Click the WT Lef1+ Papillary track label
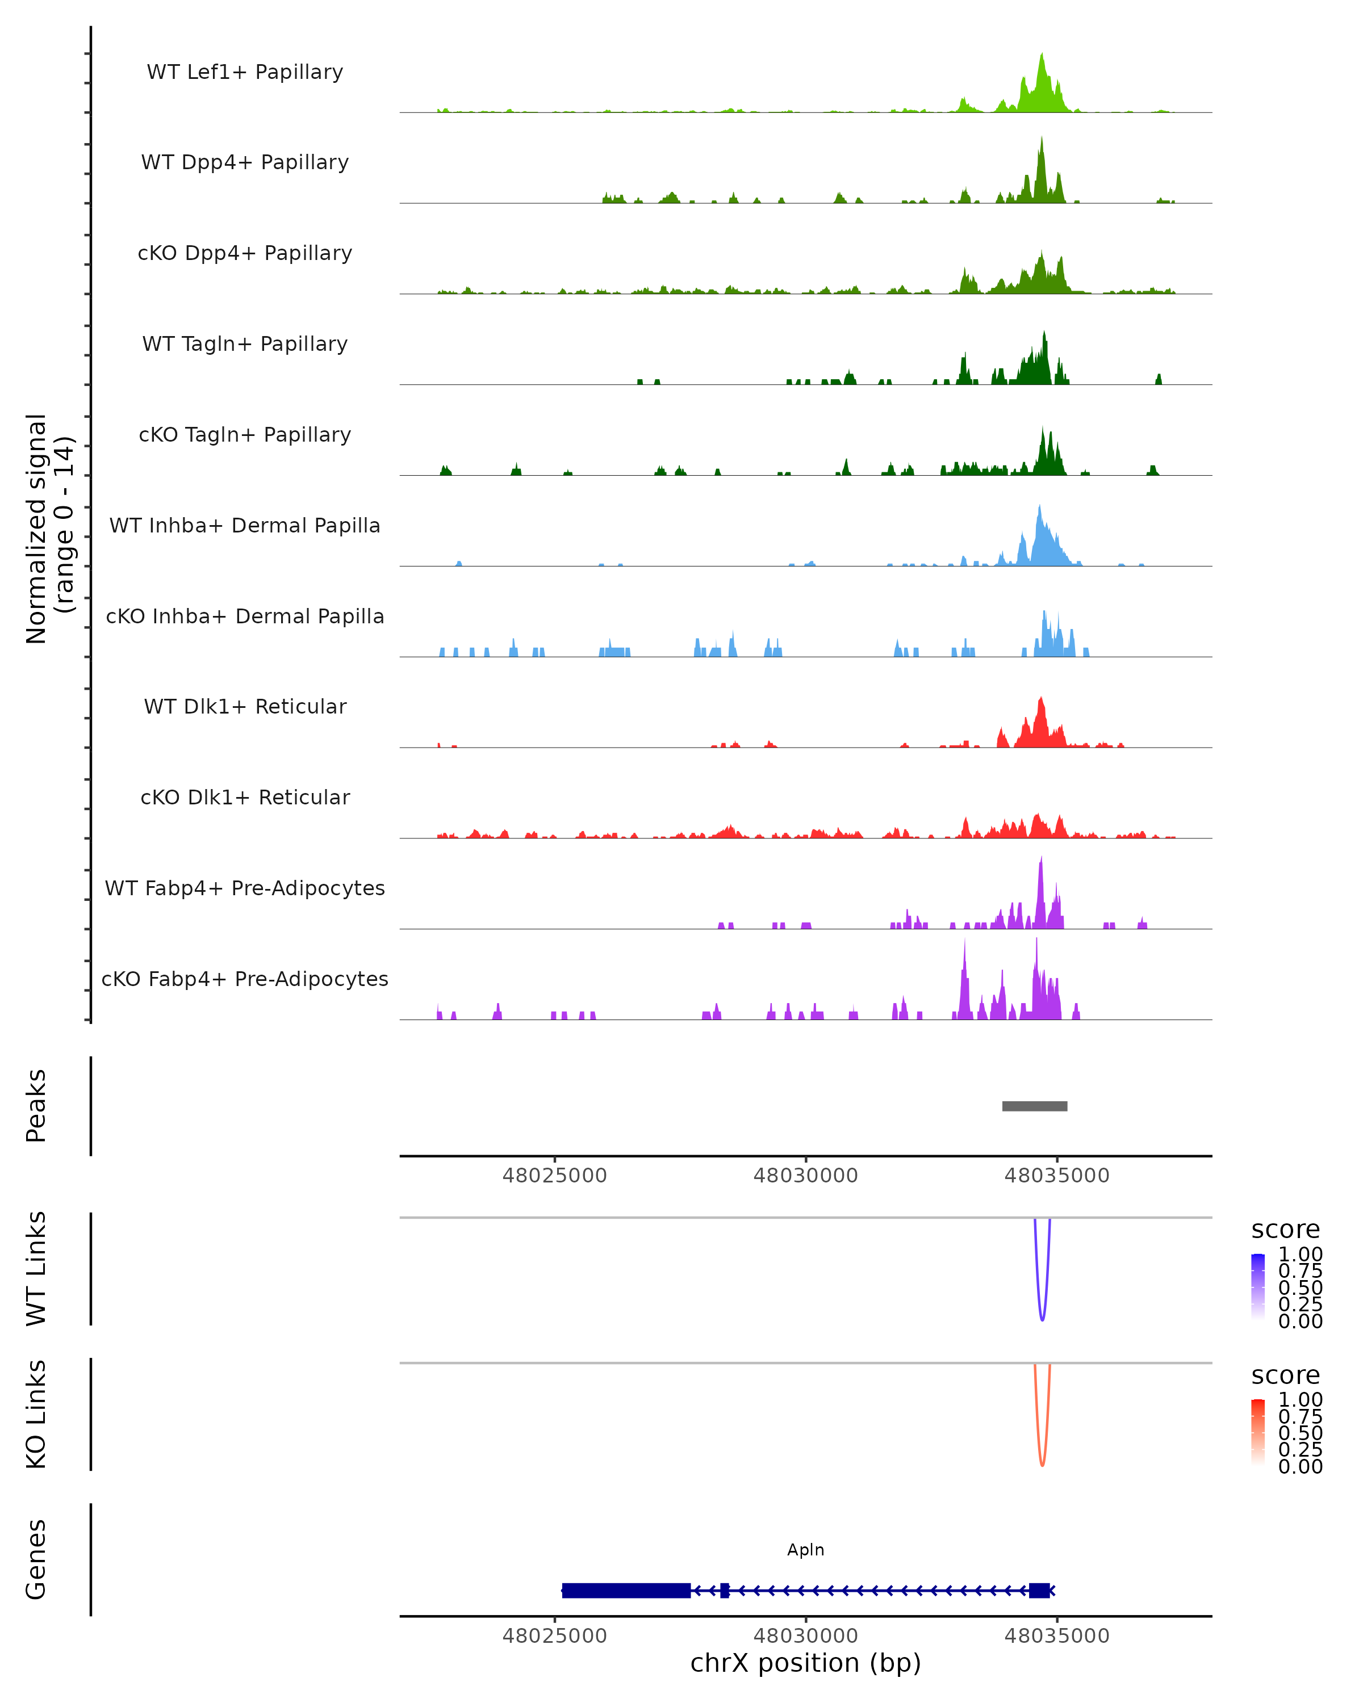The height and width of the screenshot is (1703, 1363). (245, 72)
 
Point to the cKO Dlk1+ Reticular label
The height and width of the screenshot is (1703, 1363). (245, 797)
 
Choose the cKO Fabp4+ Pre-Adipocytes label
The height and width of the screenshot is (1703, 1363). (245, 979)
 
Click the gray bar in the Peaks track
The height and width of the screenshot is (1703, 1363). (1034, 1106)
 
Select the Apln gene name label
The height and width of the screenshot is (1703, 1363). (805, 1550)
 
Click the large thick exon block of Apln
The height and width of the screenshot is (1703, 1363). (626, 1590)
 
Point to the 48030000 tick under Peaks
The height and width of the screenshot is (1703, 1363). (805, 1176)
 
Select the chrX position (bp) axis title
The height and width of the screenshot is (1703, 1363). (805, 1663)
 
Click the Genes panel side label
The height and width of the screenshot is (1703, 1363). (36, 1559)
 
